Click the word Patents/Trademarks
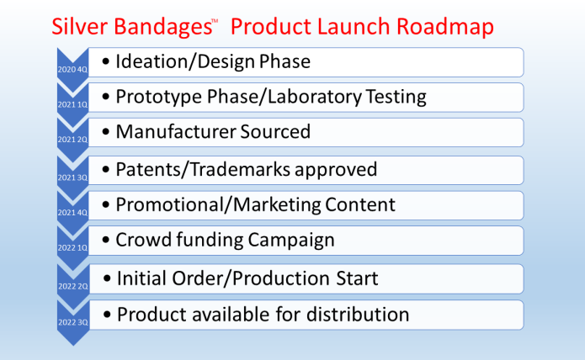pos(207,169)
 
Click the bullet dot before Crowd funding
pos(105,241)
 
